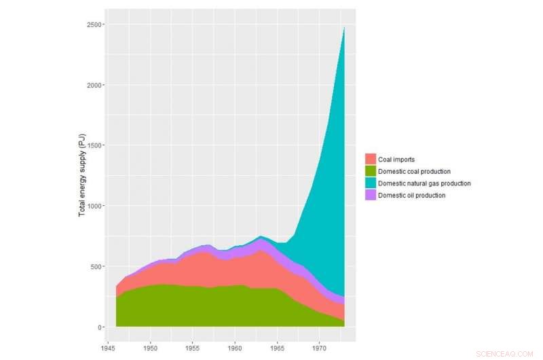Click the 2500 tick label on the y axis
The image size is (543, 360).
tap(94, 24)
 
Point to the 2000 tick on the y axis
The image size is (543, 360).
tap(94, 85)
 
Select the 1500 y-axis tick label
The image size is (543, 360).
tap(94, 145)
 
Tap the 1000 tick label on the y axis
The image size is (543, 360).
tap(94, 206)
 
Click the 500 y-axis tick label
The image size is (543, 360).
tap(96, 266)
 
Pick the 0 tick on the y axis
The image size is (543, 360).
tap(100, 327)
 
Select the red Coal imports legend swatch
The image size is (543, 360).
tap(371, 160)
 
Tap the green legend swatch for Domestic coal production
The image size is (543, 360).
tap(371, 171)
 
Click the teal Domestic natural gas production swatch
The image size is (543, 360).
tap(371, 183)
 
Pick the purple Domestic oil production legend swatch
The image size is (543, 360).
tap(371, 195)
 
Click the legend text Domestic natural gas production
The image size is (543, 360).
tap(424, 183)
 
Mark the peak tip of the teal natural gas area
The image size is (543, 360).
tap(345, 27)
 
